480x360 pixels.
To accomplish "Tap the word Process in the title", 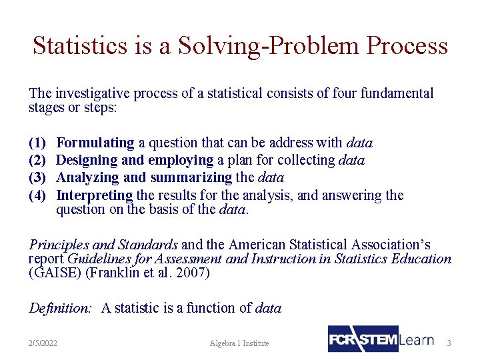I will (x=407, y=45).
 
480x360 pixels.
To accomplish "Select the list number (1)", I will (x=37, y=143).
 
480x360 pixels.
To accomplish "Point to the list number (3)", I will (x=37, y=178).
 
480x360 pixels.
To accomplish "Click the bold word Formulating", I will (x=95, y=143).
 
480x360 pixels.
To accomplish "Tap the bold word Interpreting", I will (x=95, y=195).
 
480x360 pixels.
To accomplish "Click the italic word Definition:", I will (x=60, y=308).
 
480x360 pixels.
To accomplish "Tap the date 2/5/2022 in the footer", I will (x=43, y=343).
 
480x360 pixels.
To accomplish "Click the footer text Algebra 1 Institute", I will (x=239, y=343).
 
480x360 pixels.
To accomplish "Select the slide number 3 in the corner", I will (x=449, y=343).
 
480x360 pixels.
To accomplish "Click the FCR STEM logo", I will (x=363, y=339).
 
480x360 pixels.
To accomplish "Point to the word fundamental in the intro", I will (x=396, y=93).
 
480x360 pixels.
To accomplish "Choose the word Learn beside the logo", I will (x=417, y=339).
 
